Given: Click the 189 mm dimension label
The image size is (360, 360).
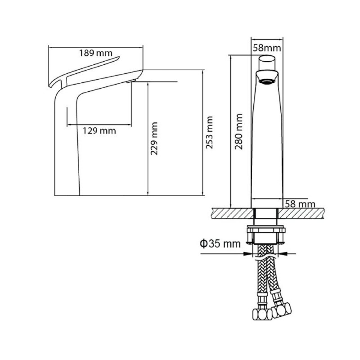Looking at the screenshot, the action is [96, 53].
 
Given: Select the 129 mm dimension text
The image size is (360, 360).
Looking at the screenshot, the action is [99, 131].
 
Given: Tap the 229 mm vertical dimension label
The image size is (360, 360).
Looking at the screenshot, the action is [154, 139].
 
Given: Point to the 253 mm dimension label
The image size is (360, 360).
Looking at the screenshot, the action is [209, 132].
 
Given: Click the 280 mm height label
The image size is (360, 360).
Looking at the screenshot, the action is [239, 131].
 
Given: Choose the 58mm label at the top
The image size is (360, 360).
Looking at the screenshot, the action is [267, 48].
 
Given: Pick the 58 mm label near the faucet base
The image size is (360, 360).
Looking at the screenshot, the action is [300, 204].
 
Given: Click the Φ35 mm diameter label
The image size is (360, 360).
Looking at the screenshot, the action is [220, 243].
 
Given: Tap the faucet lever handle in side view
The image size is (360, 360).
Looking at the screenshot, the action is [84, 71].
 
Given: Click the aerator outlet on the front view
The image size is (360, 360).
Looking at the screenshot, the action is [267, 81].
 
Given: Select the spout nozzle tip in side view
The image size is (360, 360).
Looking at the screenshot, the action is [131, 81].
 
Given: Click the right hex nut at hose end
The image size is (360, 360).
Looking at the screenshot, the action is [282, 310].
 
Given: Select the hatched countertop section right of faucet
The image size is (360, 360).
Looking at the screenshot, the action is [301, 213].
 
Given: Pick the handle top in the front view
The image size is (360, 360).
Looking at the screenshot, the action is [267, 63].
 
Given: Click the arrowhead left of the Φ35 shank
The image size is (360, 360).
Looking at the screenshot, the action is [248, 254].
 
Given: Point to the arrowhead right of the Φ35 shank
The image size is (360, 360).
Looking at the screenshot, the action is [283, 254].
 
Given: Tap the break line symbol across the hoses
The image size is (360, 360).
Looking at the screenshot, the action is [266, 258].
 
